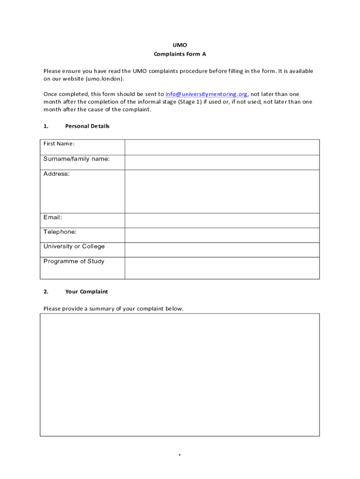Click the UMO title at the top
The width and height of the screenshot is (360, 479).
180,45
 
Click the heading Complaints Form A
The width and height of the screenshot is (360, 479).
180,54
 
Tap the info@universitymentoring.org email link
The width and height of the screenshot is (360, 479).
206,94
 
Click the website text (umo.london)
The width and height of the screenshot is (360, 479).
105,79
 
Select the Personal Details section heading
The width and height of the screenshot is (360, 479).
87,126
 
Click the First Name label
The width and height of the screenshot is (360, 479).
59,144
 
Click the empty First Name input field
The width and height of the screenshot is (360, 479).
222,147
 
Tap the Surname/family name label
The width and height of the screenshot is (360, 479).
77,159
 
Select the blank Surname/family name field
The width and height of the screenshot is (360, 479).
222,162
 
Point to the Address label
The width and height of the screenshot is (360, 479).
57,174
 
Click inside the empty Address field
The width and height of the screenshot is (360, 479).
222,191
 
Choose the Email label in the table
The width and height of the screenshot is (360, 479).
53,218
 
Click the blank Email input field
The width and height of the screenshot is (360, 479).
222,220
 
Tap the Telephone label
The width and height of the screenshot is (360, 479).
60,232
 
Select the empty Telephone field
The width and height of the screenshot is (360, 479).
222,235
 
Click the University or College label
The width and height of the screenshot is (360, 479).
74,247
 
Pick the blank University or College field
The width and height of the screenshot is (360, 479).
222,250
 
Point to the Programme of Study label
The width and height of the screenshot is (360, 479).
74,261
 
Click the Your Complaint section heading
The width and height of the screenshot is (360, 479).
86,292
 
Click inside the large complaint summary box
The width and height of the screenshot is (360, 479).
180,375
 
